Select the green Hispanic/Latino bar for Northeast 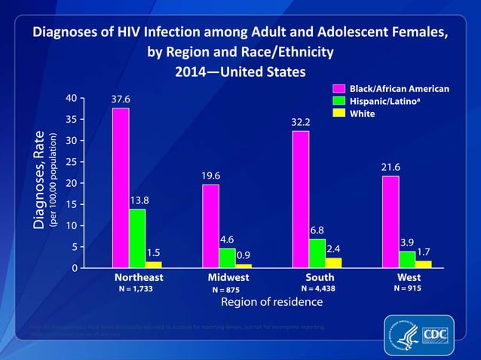click(x=137, y=238)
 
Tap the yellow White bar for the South click(x=333, y=262)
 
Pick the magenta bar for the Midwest click(x=210, y=226)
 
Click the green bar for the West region click(x=407, y=259)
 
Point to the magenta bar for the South click(x=300, y=199)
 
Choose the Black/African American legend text click(x=399, y=89)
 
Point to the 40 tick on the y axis click(x=70, y=98)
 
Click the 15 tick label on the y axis click(x=70, y=204)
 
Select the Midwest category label click(x=228, y=277)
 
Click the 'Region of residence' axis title click(x=271, y=302)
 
